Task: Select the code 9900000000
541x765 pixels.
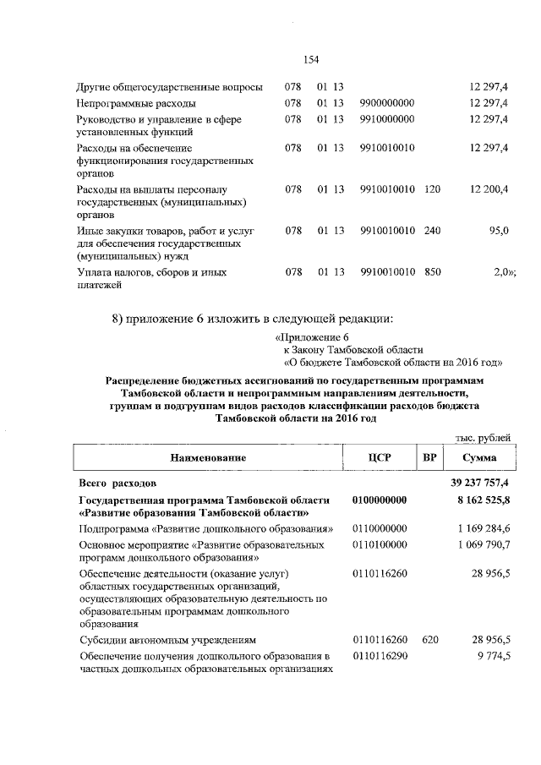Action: (x=386, y=103)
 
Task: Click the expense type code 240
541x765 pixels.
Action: (x=432, y=230)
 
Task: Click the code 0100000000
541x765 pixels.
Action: (x=380, y=500)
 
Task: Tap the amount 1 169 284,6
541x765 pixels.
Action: (x=484, y=528)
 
